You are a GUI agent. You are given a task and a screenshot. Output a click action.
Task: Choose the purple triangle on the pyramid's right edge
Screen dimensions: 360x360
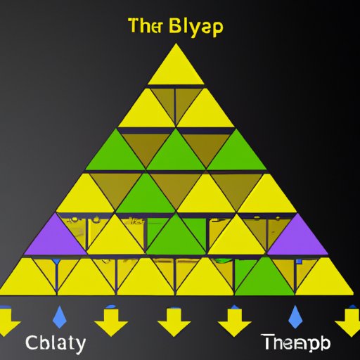pos(297,237)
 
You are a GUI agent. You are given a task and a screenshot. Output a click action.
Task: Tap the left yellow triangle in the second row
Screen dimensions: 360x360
pos(145,110)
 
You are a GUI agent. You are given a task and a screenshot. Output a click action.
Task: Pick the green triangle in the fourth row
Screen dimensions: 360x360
pos(146,193)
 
